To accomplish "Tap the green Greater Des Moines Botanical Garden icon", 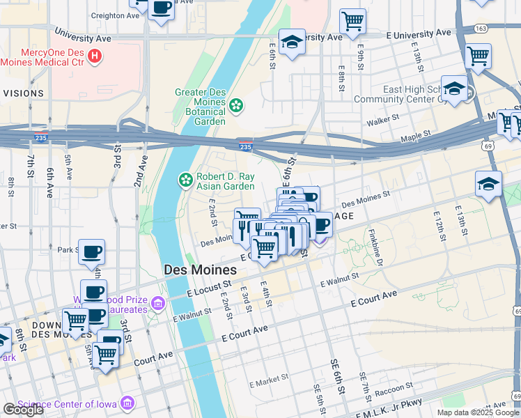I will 237,105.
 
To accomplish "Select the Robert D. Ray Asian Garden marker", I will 186,180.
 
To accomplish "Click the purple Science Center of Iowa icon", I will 127,403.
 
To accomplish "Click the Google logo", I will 24,410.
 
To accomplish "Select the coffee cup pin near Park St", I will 91,252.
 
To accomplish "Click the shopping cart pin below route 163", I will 478,56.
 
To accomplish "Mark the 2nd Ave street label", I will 141,169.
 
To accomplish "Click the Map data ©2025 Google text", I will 478,412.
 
